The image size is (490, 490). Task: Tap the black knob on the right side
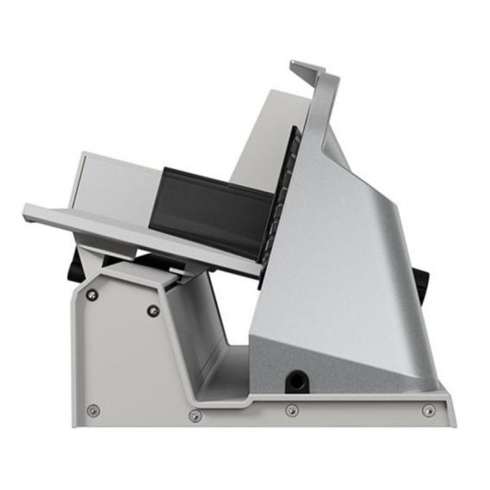click(422, 280)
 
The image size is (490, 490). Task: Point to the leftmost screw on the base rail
click(92, 410)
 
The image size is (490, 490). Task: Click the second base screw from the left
click(194, 415)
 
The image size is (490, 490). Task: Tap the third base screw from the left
click(291, 410)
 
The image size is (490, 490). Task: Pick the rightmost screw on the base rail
click(427, 410)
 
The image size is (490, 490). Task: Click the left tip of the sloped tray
click(28, 208)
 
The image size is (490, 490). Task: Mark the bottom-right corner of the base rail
click(452, 424)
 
